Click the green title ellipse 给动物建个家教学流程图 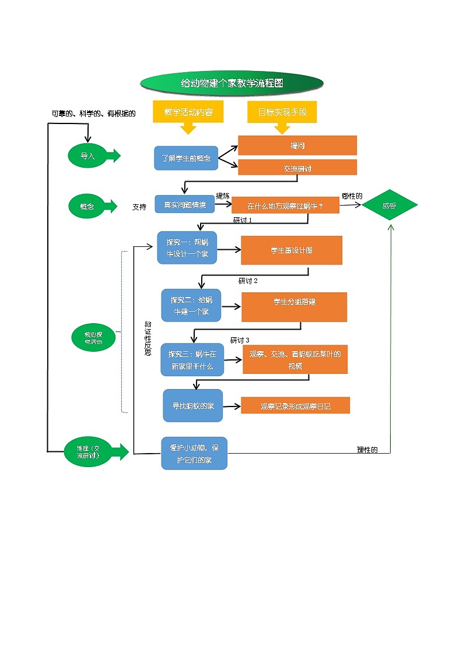232,83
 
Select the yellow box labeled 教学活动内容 188,111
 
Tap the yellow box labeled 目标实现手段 283,112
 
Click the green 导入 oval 87,156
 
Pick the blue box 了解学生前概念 186,158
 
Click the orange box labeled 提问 297,145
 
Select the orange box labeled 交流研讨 297,168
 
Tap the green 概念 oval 87,206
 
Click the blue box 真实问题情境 184,205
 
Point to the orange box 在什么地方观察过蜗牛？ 285,206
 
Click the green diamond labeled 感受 389,205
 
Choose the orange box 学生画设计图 292,250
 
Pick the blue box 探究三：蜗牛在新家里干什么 192,359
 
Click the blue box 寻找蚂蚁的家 192,405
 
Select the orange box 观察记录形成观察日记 295,406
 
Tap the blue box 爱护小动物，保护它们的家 194,453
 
